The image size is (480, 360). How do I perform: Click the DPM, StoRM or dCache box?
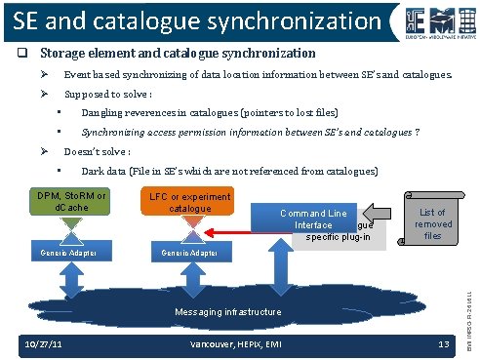click(71, 200)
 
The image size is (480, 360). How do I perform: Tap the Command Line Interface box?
click(311, 218)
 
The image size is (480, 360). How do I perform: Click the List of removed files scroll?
click(431, 223)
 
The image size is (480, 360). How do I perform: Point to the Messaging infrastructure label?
click(230, 311)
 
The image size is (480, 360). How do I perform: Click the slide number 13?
click(443, 344)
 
